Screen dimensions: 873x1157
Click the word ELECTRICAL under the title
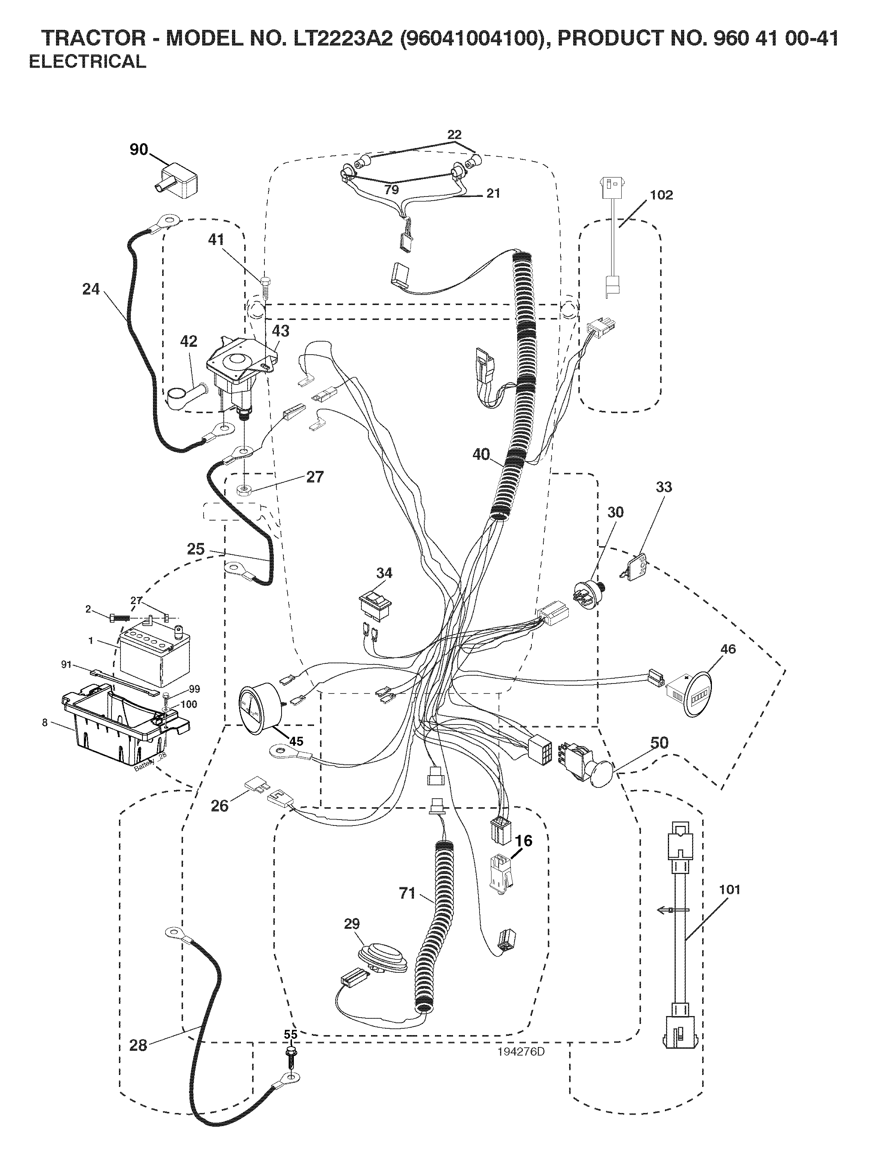(x=87, y=62)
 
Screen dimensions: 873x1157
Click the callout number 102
(x=661, y=195)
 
